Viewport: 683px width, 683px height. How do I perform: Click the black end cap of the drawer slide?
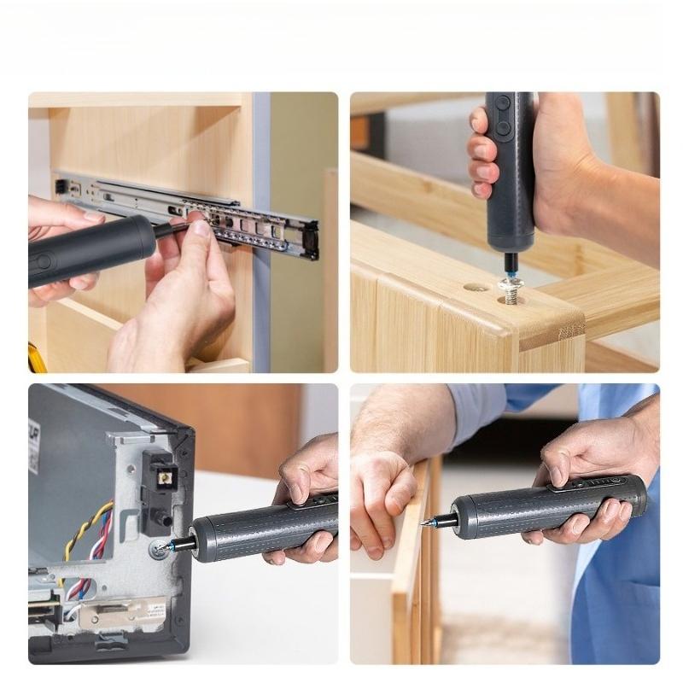pyautogui.click(x=311, y=240)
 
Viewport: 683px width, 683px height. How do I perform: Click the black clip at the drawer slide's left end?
pyautogui.click(x=61, y=186)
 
